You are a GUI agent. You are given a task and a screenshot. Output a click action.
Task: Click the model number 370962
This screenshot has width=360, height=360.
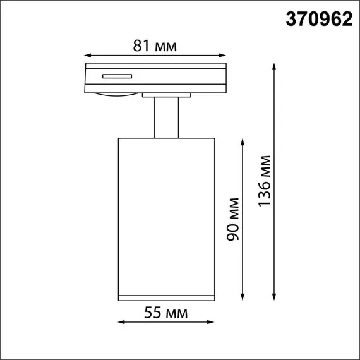(319, 20)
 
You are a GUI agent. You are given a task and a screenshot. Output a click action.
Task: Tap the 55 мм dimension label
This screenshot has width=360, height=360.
(167, 313)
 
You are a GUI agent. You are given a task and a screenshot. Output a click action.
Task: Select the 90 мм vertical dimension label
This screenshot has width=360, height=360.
(234, 219)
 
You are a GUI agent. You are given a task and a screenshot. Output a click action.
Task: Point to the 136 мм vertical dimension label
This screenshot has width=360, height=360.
(265, 181)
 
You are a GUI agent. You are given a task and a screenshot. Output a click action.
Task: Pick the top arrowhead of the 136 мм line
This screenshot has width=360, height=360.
(274, 65)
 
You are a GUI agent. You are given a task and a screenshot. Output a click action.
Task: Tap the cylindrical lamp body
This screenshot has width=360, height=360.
(167, 215)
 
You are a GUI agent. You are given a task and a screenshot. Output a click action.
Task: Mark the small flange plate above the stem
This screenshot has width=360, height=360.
(167, 95)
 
